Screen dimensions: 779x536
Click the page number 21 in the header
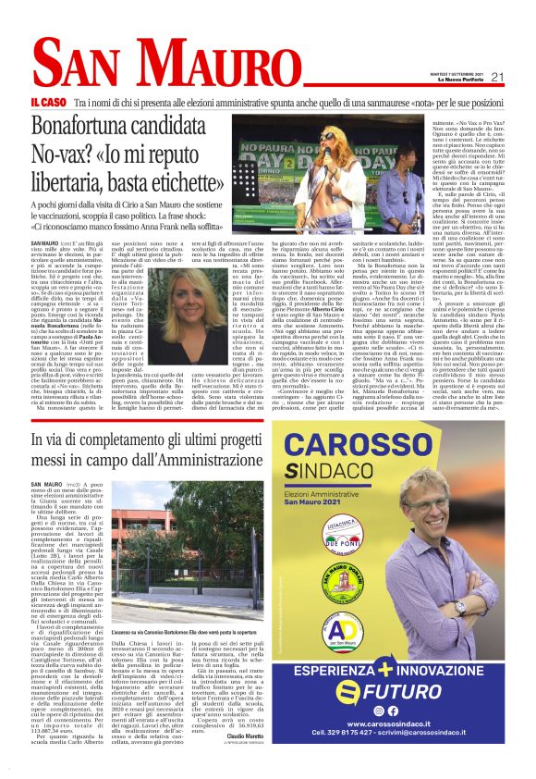click(497, 77)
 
